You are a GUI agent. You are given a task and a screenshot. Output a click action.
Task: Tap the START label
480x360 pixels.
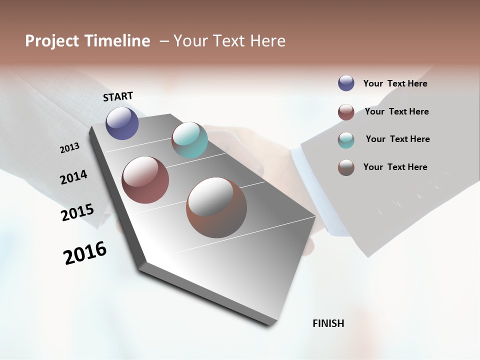click(118, 96)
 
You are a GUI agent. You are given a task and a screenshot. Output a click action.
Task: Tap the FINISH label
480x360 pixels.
click(328, 323)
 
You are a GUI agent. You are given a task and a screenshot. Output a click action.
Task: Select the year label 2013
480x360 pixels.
click(69, 147)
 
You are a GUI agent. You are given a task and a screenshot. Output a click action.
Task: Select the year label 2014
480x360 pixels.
click(73, 177)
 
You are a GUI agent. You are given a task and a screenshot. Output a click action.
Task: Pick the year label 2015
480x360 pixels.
click(77, 212)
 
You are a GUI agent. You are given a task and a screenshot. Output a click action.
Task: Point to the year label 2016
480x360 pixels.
click(85, 253)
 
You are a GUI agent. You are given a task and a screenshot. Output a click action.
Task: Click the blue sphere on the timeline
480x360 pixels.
click(122, 123)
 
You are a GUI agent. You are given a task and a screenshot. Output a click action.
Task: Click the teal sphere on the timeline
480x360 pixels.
click(189, 140)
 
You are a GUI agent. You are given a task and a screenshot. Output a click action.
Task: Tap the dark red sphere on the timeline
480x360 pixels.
click(145, 180)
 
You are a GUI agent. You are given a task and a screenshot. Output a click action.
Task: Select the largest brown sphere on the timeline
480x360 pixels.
click(216, 207)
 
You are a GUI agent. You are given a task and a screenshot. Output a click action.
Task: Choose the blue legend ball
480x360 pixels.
click(346, 83)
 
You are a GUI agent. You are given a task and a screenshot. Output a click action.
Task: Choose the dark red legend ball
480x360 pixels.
click(346, 112)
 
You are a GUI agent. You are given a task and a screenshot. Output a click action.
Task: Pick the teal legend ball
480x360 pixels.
click(346, 140)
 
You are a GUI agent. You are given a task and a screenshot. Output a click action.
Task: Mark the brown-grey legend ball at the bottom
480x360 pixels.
click(346, 167)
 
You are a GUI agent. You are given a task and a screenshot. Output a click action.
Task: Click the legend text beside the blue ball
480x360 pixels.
click(395, 83)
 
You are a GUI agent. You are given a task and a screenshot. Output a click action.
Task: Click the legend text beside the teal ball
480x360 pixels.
click(397, 139)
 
